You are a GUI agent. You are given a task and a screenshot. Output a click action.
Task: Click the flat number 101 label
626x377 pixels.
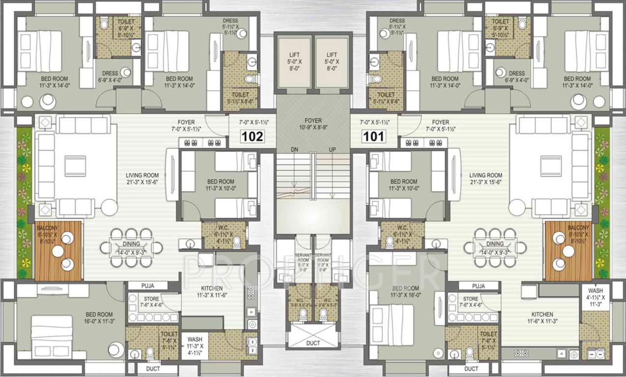pos(373,136)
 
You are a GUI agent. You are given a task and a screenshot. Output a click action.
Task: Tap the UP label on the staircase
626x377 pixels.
pos(333,149)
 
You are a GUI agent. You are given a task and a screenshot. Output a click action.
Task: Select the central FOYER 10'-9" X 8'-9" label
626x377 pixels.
pos(313,124)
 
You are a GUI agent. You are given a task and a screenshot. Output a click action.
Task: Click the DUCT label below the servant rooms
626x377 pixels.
pos(313,343)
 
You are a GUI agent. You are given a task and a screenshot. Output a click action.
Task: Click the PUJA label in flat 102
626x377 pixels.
pos(148,286)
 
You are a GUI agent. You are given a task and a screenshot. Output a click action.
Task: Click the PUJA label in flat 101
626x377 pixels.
pos(478,286)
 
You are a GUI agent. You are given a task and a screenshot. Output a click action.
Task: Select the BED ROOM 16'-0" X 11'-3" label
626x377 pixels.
pos(99,318)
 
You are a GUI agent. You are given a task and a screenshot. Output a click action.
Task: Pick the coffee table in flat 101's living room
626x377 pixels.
pos(551,165)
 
